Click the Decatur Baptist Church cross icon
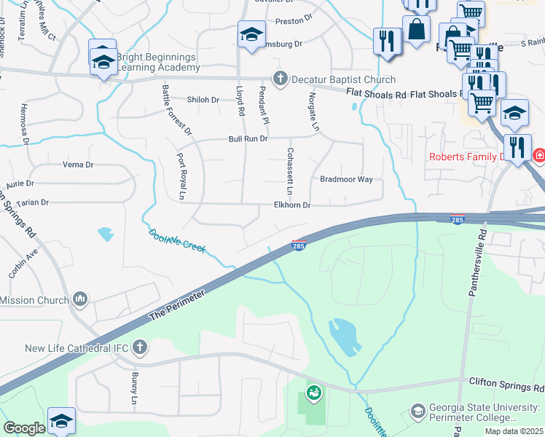coord(278,79)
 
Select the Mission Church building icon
coord(80,299)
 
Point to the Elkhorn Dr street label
coord(292,206)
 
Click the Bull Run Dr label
coord(248,138)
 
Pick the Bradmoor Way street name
coord(346,179)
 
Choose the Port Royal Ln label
coord(180,176)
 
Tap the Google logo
coord(23,428)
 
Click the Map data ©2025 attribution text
coord(514,431)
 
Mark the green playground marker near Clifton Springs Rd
coord(314,393)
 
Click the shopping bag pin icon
coord(416,30)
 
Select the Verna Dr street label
coord(78,165)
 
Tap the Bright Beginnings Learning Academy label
coord(156,62)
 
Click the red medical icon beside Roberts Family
coord(539,156)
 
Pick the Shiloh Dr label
coord(203,100)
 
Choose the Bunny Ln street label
coord(134,382)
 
